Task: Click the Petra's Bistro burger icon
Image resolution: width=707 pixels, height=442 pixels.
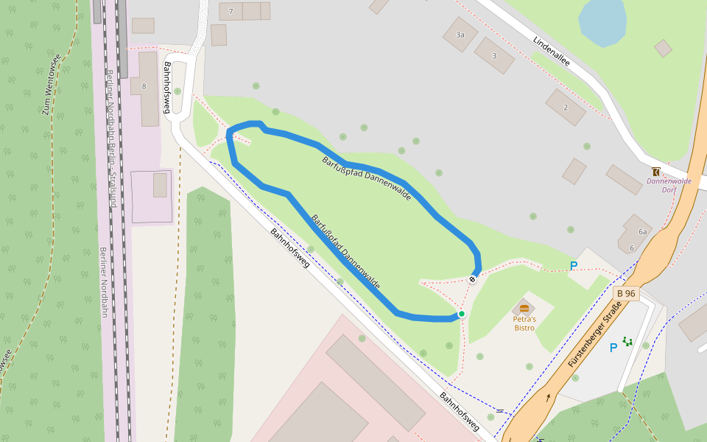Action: [524, 308]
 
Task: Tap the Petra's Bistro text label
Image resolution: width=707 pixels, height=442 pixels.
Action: [524, 323]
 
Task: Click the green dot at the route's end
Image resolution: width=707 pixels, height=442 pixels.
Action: [462, 314]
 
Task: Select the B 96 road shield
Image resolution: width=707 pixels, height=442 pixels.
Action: [626, 293]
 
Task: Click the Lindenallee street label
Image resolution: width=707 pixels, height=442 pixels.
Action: [552, 50]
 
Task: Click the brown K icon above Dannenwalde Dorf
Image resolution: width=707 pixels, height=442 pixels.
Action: [656, 171]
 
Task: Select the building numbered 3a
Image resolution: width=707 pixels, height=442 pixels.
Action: [460, 34]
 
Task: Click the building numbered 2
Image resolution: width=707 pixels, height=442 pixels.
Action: [566, 108]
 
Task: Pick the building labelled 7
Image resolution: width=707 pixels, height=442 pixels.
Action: [231, 11]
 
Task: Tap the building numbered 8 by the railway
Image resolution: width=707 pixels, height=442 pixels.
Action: [145, 87]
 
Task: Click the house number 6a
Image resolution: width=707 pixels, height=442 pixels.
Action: [642, 231]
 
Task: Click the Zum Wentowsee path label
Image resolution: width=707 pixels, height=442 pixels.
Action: [51, 84]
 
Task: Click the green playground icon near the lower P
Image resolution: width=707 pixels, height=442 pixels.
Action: [627, 341]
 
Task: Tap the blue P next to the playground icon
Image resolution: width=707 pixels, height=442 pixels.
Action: [613, 348]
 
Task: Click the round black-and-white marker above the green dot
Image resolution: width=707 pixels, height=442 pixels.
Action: [473, 279]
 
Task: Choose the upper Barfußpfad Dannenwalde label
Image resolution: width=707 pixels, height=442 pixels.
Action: [366, 175]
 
